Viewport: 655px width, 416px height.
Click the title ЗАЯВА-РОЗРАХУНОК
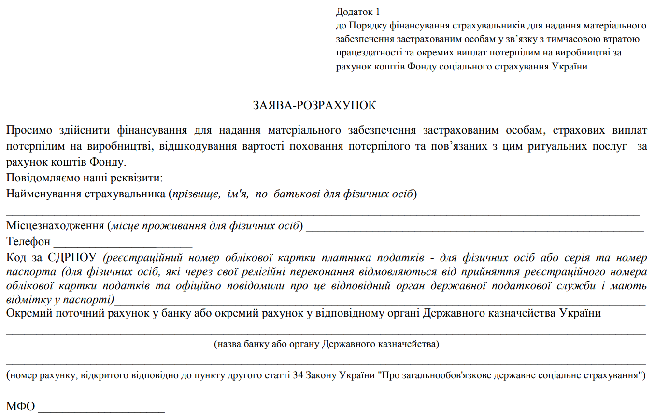(314, 105)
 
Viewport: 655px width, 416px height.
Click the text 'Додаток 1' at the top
(358, 12)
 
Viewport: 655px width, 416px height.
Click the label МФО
(21, 407)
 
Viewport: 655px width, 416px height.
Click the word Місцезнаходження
(56, 226)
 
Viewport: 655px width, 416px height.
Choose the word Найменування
(44, 194)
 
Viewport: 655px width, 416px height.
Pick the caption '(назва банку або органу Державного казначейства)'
(327, 345)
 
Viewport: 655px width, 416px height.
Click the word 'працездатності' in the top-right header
(365, 53)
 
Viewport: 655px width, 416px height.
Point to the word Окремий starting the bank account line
(29, 313)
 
